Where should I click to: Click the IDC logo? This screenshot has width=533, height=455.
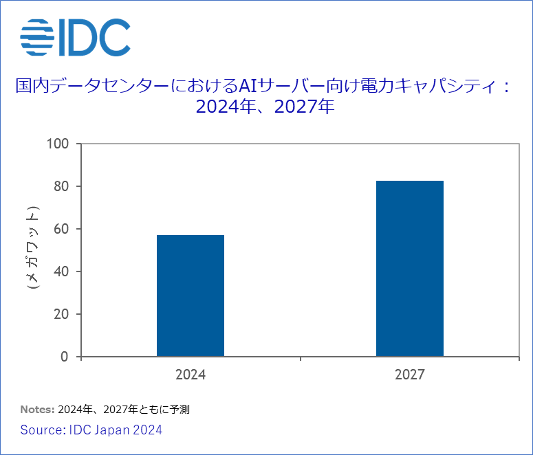pyautogui.click(x=75, y=37)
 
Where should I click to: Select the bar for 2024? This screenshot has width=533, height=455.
pyautogui.click(x=191, y=296)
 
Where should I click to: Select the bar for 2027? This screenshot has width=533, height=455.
pyautogui.click(x=410, y=268)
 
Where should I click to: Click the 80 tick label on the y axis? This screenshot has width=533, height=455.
pyautogui.click(x=61, y=186)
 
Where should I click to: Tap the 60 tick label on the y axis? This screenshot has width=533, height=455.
pyautogui.click(x=61, y=229)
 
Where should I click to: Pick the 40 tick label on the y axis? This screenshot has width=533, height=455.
pyautogui.click(x=61, y=271)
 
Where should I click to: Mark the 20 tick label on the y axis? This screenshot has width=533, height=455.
pyautogui.click(x=61, y=314)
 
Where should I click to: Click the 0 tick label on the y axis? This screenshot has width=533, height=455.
pyautogui.click(x=65, y=357)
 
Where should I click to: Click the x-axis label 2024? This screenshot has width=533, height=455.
pyautogui.click(x=191, y=375)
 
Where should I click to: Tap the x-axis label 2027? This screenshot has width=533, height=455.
pyautogui.click(x=410, y=375)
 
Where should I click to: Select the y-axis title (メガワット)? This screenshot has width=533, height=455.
pyautogui.click(x=32, y=247)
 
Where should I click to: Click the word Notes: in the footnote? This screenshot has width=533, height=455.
pyautogui.click(x=37, y=410)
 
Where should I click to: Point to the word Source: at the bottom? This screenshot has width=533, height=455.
pyautogui.click(x=43, y=430)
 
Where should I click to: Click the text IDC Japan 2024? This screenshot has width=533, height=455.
pyautogui.click(x=116, y=430)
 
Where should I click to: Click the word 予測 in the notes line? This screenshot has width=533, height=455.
pyautogui.click(x=180, y=410)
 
